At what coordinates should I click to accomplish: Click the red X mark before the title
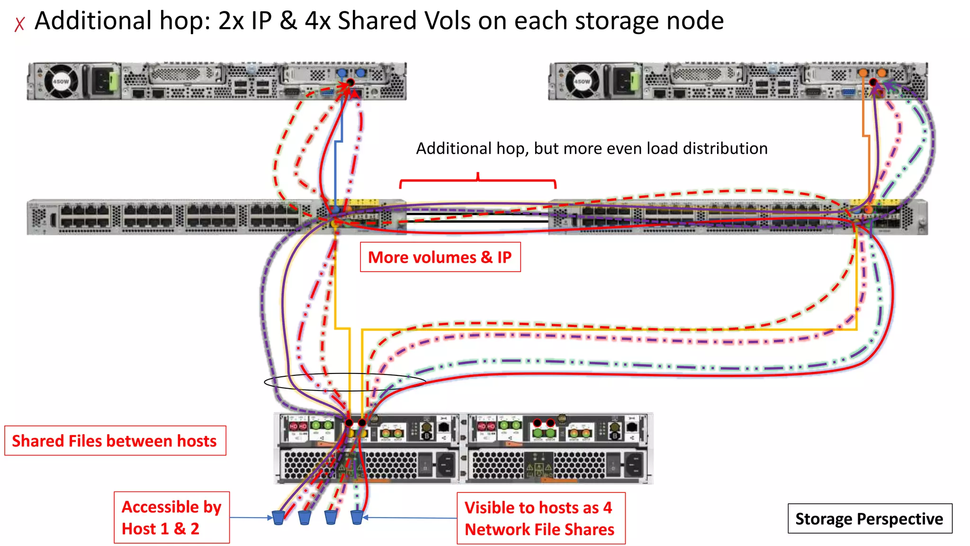click(x=19, y=24)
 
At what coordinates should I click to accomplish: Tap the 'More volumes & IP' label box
click(x=440, y=257)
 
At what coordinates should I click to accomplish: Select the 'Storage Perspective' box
click(x=870, y=519)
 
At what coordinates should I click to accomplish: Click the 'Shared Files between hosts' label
click(x=115, y=441)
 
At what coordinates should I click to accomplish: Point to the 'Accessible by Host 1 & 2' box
click(x=171, y=518)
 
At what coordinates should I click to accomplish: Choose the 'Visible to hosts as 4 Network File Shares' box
click(x=540, y=519)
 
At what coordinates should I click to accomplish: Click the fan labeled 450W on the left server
click(x=61, y=82)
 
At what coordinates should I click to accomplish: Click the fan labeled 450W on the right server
click(x=582, y=82)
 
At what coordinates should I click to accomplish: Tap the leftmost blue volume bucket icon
click(x=278, y=518)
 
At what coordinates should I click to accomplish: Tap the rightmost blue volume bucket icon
click(x=357, y=518)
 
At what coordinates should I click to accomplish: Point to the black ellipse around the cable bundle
click(x=344, y=382)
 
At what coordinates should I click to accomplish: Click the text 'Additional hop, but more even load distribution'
click(x=592, y=148)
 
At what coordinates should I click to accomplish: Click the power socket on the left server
click(x=103, y=82)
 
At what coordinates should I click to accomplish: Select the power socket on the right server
click(x=624, y=82)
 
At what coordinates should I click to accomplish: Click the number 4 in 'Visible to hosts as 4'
click(x=607, y=508)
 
